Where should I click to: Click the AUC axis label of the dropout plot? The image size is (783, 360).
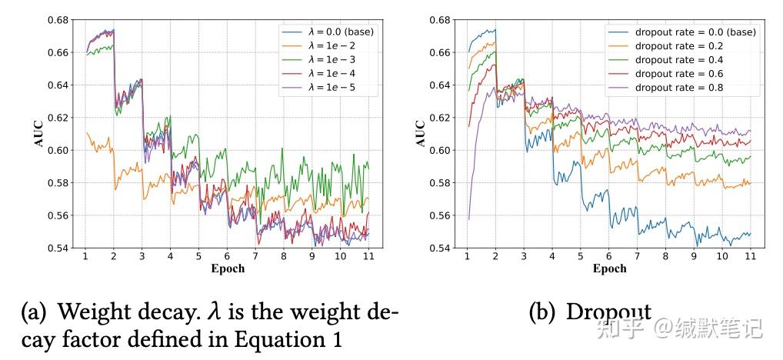click(x=420, y=133)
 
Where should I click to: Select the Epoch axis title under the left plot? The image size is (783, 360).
click(x=228, y=268)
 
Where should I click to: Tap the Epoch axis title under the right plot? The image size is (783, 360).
click(x=610, y=268)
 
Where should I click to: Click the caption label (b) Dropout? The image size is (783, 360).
click(x=588, y=312)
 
